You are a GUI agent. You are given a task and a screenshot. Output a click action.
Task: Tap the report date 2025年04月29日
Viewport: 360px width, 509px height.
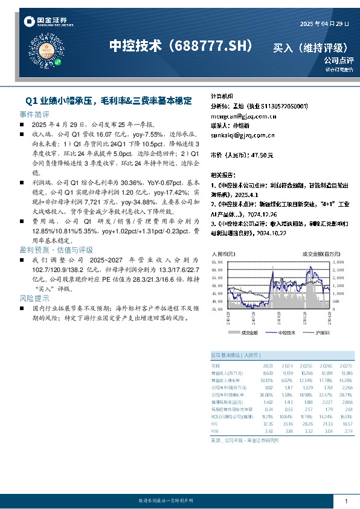pyautogui.click(x=324, y=24)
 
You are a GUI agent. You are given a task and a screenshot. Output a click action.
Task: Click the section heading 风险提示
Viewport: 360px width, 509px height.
pyautogui.click(x=34, y=299)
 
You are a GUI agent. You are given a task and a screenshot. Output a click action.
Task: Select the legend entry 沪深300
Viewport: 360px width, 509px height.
pyautogui.click(x=321, y=332)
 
